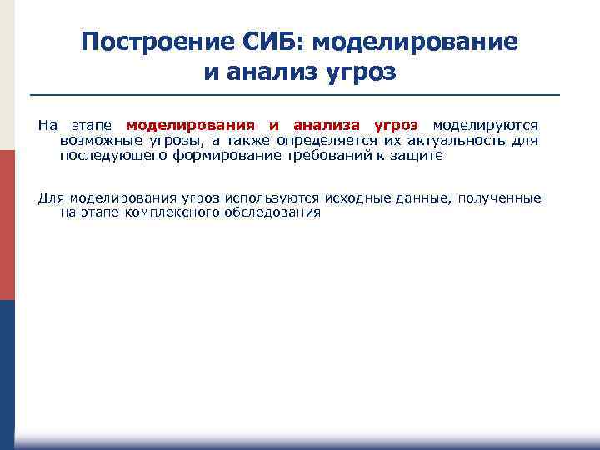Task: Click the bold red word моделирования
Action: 190,125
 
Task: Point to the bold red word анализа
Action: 328,125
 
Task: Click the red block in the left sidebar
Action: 7,225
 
